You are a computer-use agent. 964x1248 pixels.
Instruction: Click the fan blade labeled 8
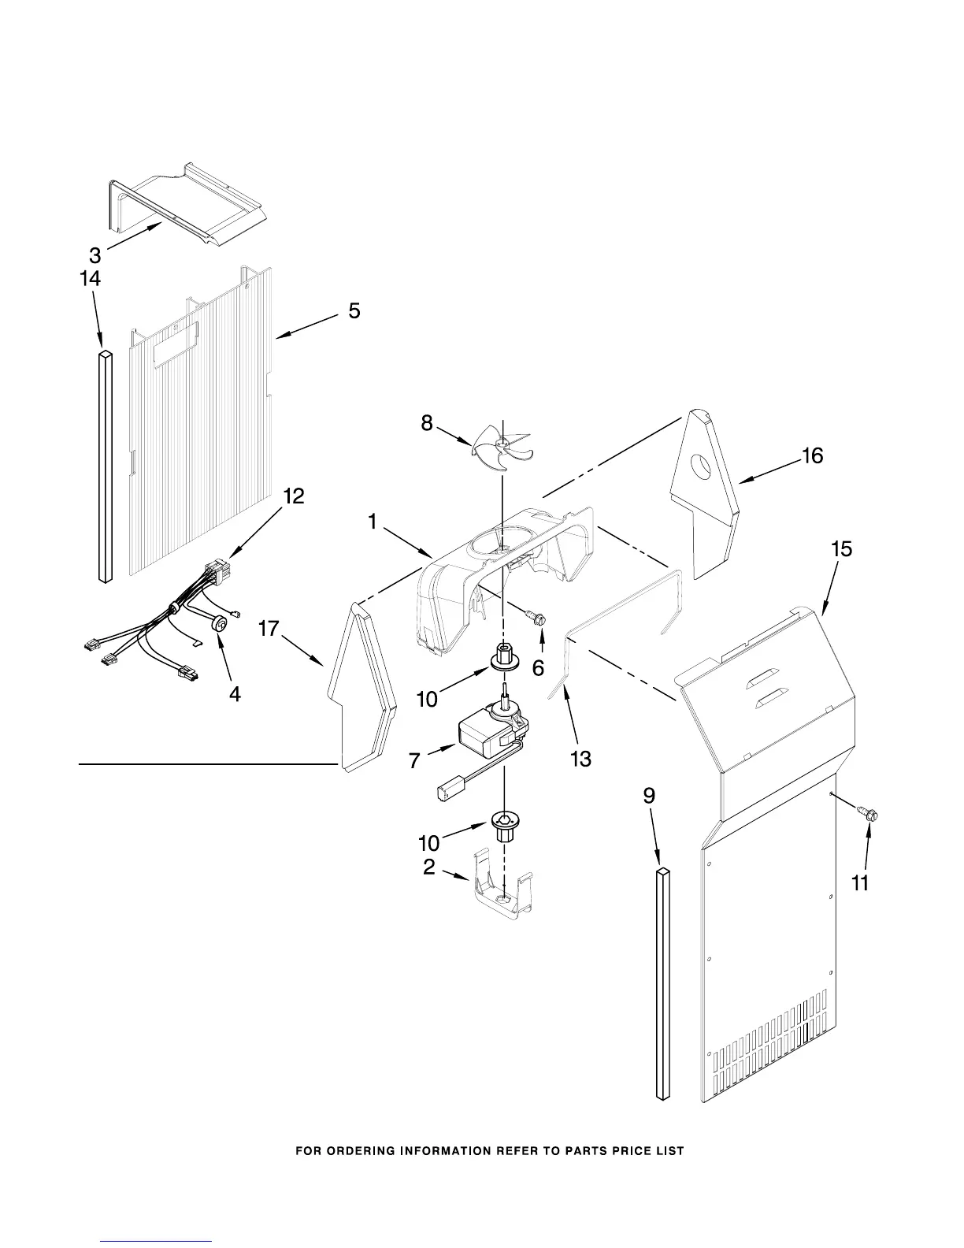pos(502,448)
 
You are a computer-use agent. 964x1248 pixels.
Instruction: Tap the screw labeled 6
pos(539,619)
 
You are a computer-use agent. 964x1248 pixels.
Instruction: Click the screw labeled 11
pos(868,815)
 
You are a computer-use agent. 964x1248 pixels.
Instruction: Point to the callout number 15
pos(841,549)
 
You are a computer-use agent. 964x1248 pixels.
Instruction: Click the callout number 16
pos(812,455)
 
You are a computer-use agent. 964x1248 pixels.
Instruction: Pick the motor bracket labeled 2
pos(503,889)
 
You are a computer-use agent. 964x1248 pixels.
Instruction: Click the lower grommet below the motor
pos(502,824)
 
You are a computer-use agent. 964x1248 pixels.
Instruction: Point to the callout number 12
pos(293,496)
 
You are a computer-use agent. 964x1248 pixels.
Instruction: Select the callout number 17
pos(269,630)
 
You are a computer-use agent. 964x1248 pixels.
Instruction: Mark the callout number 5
pos(354,311)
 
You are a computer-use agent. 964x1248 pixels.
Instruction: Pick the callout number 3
pos(95,255)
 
